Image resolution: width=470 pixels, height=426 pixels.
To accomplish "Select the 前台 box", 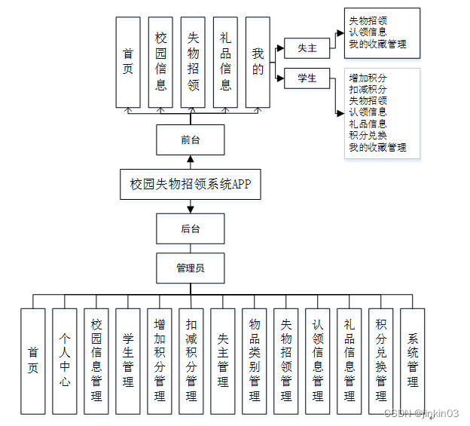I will [190, 139].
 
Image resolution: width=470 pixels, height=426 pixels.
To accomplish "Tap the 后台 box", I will [190, 228].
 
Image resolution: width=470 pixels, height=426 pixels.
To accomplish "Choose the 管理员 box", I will [190, 268].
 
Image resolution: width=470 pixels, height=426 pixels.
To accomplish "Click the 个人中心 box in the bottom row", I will [64, 360].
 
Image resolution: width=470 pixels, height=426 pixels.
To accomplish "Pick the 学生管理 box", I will [127, 360].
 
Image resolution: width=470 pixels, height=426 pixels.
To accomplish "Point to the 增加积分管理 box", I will [159, 360].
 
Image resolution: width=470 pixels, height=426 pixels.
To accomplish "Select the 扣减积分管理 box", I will [191, 360].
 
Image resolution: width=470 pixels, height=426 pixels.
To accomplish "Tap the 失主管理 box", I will [222, 360].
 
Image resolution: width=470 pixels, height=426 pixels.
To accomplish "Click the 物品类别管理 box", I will [254, 360].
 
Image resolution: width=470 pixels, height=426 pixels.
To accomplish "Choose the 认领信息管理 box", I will [317, 360].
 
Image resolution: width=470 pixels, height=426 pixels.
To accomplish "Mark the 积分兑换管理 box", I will [380, 360].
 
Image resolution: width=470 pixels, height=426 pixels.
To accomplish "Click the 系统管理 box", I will [412, 360].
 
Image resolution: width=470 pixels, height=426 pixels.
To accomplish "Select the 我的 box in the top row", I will [258, 62].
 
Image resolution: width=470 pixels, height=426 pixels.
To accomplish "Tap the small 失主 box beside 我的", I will [307, 48].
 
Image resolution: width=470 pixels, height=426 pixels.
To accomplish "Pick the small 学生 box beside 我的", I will [307, 78].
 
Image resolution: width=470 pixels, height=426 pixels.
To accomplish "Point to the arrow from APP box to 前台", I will [191, 162].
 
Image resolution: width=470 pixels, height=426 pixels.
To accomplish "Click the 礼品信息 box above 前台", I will [225, 62].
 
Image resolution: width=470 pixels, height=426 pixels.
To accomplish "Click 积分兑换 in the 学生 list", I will [368, 135].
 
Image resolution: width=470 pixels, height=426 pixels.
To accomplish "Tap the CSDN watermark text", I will [421, 413].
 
